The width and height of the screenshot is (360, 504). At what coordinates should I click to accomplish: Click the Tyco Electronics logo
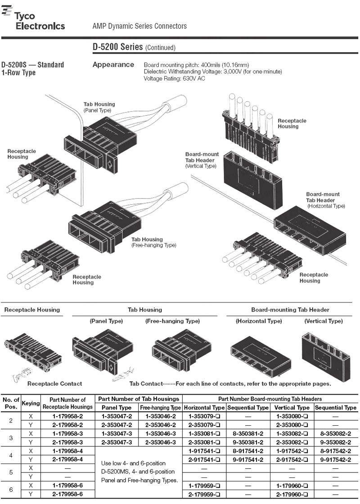(33, 19)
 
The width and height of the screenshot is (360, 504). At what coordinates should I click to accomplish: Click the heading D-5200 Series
(117, 47)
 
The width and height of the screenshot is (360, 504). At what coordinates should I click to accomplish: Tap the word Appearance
(113, 65)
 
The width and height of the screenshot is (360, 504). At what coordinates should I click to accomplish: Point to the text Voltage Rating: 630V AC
(174, 78)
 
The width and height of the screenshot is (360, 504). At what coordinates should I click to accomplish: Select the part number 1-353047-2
(117, 416)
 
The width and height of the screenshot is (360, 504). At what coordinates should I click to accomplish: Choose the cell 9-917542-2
(335, 459)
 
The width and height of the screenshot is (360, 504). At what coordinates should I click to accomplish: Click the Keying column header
(31, 403)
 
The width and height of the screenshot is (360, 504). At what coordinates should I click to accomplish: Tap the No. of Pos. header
(11, 403)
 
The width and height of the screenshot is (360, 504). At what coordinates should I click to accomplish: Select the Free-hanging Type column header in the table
(160, 408)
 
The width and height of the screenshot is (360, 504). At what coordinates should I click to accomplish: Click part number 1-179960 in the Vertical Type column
(292, 486)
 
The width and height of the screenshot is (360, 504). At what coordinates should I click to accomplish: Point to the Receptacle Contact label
(54, 384)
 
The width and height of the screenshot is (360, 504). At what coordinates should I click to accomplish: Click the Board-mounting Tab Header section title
(290, 310)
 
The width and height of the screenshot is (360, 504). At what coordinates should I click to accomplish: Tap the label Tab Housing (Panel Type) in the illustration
(99, 107)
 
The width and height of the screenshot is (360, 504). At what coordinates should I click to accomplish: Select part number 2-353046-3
(160, 442)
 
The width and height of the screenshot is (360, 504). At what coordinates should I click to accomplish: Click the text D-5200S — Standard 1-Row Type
(32, 68)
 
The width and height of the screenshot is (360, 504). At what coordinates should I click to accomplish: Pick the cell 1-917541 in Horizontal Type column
(204, 451)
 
